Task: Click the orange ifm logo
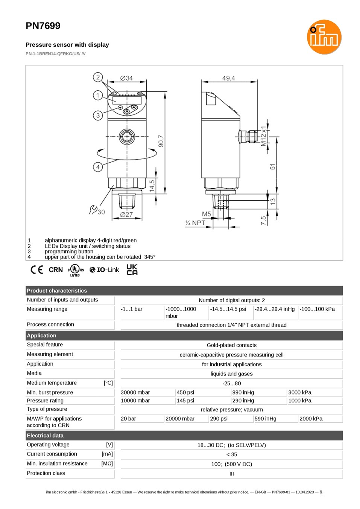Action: tap(324, 37)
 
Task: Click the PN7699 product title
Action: tap(43, 26)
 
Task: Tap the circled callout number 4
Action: tap(98, 167)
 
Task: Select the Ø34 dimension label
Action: tap(126, 78)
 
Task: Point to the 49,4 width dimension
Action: tap(229, 78)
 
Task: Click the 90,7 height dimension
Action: tap(161, 141)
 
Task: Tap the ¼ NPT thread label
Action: tap(195, 223)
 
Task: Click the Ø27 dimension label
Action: tap(126, 215)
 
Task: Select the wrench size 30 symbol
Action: tap(97, 210)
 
